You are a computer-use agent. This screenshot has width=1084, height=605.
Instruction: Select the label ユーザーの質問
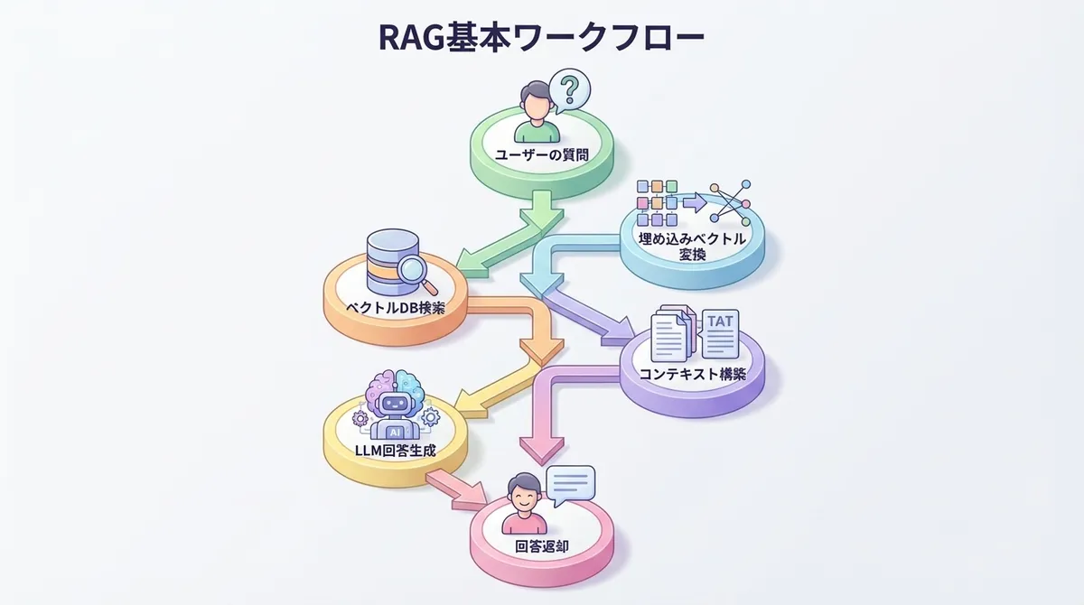(x=542, y=154)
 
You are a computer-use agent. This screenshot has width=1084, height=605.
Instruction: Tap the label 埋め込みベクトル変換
(x=692, y=247)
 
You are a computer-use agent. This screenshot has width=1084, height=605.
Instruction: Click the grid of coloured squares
(x=658, y=201)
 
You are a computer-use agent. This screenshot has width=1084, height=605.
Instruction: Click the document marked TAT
(x=719, y=333)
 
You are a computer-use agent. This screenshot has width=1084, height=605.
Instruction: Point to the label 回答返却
(x=542, y=544)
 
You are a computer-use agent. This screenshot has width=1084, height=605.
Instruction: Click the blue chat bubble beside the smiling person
(x=571, y=487)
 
